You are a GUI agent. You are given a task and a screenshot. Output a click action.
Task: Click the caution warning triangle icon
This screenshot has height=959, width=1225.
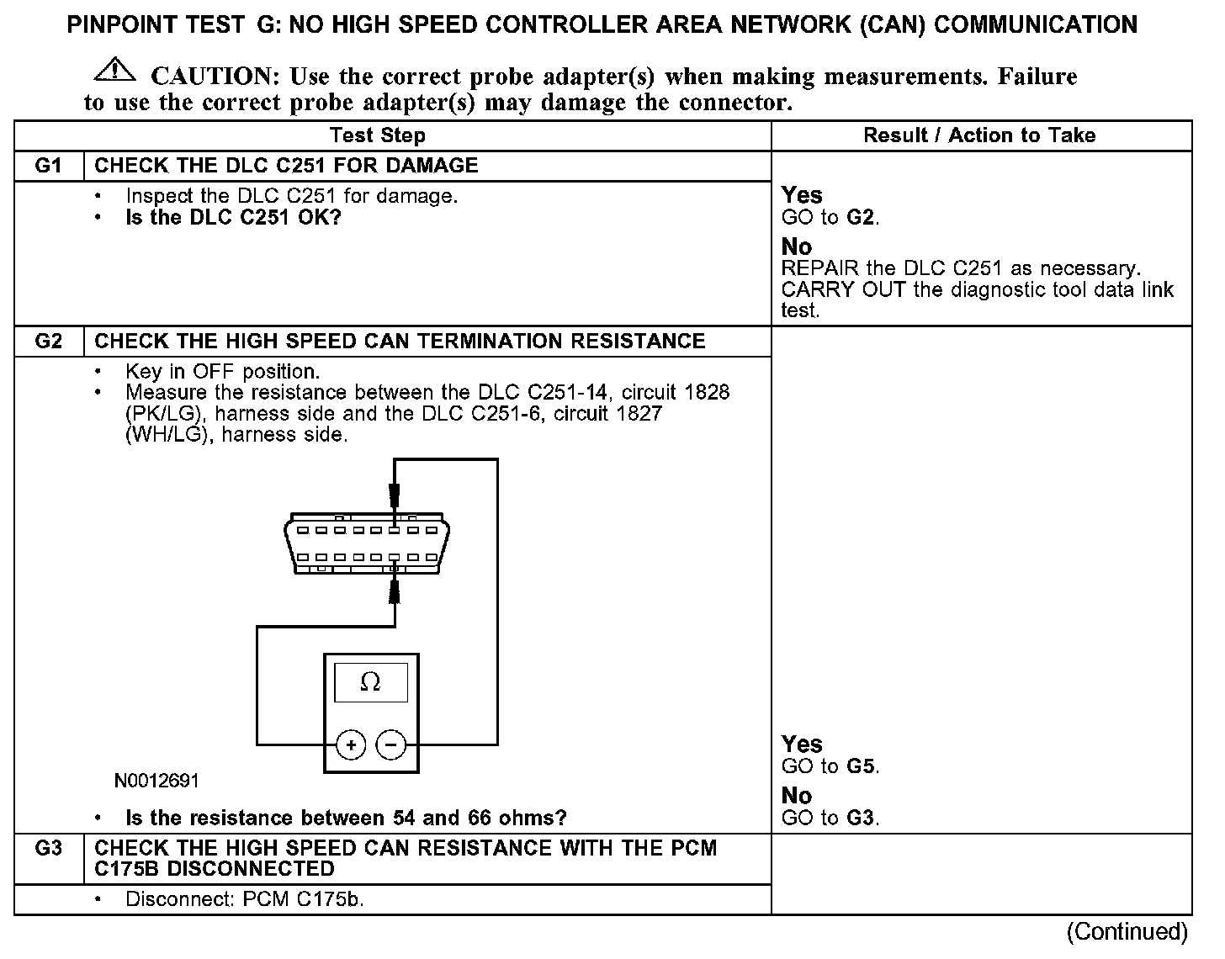coord(115,71)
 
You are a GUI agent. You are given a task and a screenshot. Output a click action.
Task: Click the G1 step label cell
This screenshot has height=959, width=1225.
coord(49,165)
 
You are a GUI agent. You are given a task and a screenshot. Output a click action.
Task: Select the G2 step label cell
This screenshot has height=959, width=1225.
coord(49,341)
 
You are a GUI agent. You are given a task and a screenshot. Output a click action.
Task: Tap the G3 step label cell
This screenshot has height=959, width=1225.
coord(49,848)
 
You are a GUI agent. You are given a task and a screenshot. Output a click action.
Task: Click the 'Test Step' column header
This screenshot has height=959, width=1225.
coord(378,135)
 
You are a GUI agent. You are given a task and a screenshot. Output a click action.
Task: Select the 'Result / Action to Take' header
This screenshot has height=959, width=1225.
coord(979,135)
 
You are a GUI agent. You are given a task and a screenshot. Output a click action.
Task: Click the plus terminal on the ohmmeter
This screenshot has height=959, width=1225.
coord(350,744)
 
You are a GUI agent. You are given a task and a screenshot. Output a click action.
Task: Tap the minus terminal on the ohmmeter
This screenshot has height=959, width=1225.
coord(390,744)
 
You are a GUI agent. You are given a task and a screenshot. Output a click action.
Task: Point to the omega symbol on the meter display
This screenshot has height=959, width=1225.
coord(370,682)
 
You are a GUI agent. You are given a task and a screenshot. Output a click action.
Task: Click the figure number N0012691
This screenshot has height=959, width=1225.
coord(157,781)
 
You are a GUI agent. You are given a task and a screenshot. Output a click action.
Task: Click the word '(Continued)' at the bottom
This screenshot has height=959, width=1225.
coord(1127,931)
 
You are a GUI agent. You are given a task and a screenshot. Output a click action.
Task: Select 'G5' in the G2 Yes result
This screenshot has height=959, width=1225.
coord(862,766)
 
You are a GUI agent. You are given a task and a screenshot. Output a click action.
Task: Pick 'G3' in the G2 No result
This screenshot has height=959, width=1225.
coord(862,818)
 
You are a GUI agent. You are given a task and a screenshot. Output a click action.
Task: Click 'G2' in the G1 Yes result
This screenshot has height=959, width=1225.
coord(862,218)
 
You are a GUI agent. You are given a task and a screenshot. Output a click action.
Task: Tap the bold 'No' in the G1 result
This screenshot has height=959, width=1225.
coord(796,246)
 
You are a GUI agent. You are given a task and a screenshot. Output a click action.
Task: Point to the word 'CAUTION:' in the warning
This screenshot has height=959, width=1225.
coord(215,77)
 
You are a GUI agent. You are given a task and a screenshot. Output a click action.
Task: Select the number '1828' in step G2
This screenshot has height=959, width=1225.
coord(707,392)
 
